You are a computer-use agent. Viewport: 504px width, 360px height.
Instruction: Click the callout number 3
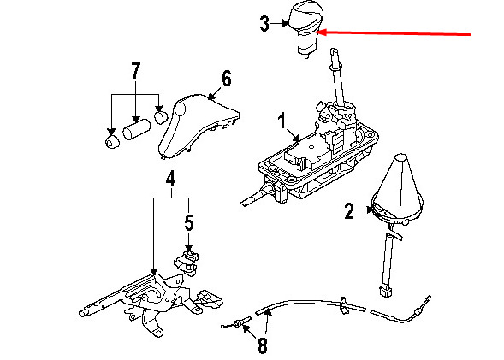click(264, 24)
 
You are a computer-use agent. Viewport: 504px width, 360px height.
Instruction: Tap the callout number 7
click(136, 71)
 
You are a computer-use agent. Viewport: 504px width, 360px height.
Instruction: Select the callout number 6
click(226, 79)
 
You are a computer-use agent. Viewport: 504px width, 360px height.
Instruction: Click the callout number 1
click(282, 121)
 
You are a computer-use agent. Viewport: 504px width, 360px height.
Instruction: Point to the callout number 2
click(349, 211)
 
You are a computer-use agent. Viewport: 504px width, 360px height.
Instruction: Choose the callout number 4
click(170, 179)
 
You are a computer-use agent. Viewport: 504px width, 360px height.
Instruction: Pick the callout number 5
click(189, 222)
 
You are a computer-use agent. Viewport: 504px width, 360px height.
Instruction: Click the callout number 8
click(263, 345)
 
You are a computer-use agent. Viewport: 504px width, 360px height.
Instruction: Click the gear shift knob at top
click(305, 28)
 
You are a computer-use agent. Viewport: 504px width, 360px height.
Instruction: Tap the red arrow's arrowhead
click(321, 32)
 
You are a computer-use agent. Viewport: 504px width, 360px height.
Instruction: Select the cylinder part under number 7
click(137, 129)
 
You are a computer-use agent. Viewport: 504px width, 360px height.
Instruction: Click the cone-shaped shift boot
click(397, 188)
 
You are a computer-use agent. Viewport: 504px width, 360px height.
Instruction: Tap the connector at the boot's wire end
click(386, 291)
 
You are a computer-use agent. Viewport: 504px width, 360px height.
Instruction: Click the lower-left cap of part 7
click(112, 142)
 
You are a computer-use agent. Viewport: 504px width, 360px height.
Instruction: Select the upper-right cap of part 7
click(161, 116)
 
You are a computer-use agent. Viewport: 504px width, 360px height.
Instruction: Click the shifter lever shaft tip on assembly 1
click(335, 52)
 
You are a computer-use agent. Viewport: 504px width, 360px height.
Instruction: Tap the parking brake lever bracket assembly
click(151, 302)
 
